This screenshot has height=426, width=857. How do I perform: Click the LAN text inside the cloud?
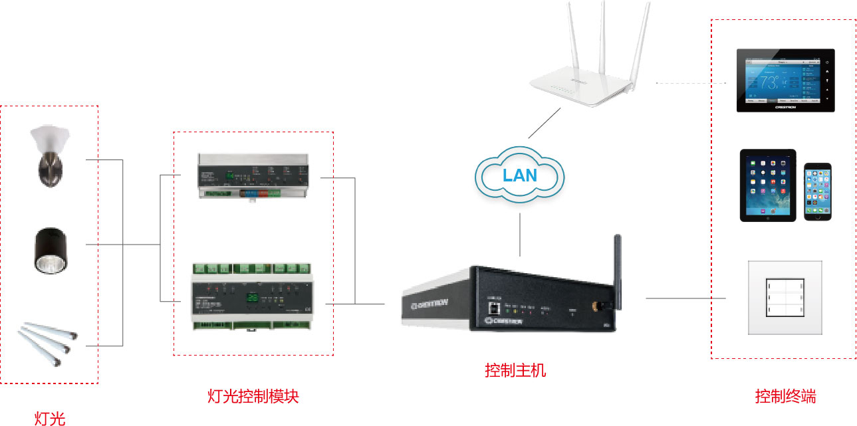click(519, 175)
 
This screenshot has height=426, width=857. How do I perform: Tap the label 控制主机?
click(515, 370)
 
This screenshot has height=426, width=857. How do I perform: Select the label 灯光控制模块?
click(253, 397)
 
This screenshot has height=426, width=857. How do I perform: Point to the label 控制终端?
click(785, 397)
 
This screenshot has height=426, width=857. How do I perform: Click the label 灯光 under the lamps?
click(50, 418)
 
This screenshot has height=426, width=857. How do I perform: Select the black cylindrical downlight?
click(51, 251)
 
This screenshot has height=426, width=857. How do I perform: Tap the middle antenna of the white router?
click(600, 40)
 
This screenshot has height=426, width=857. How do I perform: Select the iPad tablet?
click(768, 184)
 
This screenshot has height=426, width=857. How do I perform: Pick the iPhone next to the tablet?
click(817, 191)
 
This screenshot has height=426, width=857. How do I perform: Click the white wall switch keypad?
click(785, 297)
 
